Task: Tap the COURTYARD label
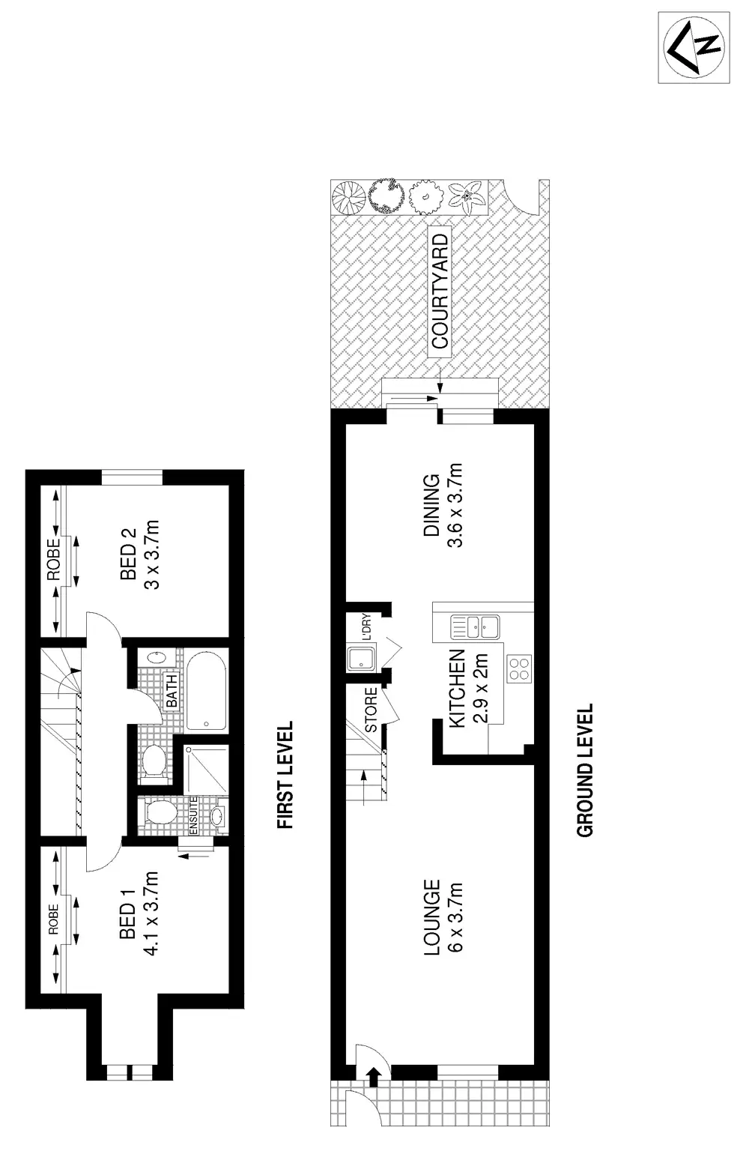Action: (440, 290)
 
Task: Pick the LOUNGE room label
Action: (431, 917)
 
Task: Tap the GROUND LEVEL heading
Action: (585, 770)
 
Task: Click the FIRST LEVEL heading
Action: (285, 775)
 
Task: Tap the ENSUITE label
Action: (193, 815)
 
